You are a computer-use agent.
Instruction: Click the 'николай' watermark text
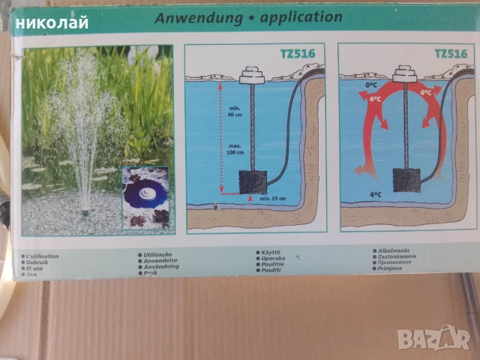[54, 22]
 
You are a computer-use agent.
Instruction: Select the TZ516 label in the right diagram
[450, 53]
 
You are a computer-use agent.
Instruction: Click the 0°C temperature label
[370, 85]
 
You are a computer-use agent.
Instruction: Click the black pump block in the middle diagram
[250, 181]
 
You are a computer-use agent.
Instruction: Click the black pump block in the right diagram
[406, 180]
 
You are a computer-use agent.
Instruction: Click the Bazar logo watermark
[435, 338]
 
